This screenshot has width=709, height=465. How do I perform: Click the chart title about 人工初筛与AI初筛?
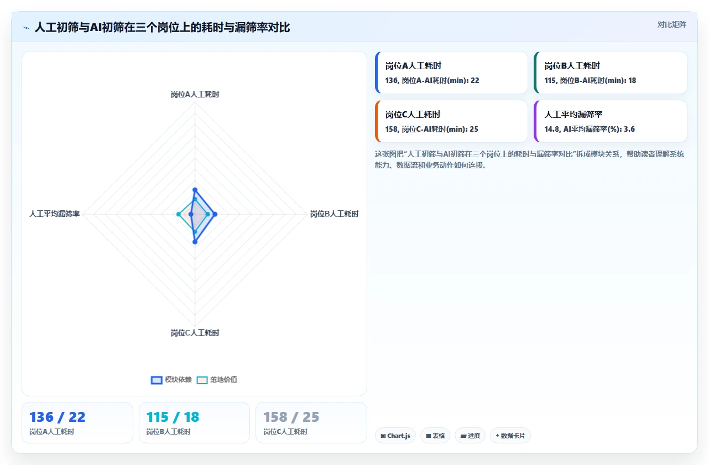[162, 27]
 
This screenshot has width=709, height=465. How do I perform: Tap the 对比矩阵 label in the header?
[671, 25]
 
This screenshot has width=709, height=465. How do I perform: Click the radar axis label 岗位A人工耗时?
[195, 95]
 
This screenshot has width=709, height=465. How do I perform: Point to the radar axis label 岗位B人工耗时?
[334, 214]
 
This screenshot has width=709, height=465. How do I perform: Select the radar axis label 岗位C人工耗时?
[195, 333]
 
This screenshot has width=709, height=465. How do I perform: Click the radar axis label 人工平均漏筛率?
[54, 214]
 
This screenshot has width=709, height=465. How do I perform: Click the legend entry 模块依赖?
[171, 380]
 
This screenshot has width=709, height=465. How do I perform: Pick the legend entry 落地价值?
[217, 380]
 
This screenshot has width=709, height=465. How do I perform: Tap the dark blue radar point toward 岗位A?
[195, 190]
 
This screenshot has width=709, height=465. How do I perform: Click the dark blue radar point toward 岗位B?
[215, 214]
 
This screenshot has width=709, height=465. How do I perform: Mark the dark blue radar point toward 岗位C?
[195, 242]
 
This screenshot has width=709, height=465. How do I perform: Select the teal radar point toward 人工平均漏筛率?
[179, 214]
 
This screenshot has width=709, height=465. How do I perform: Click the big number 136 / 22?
[58, 417]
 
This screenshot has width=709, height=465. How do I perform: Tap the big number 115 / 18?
[173, 417]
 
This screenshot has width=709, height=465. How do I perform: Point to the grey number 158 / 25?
[291, 417]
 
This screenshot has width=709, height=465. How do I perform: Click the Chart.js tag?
[395, 436]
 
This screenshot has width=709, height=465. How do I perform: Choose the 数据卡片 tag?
[510, 436]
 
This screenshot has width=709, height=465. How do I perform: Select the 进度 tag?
[470, 436]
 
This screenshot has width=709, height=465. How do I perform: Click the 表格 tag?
[435, 436]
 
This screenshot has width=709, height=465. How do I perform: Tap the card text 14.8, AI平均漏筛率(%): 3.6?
[590, 129]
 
